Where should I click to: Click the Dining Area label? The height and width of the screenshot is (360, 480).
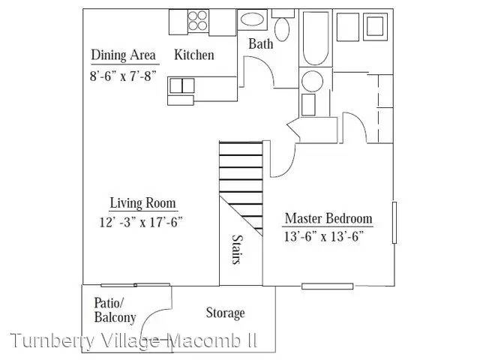coord(123,55)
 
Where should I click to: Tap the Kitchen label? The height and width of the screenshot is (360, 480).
coord(194,55)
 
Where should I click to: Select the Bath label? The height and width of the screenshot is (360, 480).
coord(260,43)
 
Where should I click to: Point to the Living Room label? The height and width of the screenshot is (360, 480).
coord(142,203)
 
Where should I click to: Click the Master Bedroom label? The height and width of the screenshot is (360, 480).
coord(328,218)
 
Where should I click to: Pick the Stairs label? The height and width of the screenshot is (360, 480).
coord(237,249)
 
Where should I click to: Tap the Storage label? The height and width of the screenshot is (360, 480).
coord(225,313)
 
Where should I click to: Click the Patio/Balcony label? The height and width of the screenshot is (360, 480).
coord(115,310)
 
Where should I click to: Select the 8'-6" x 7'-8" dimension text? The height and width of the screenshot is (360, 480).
coord(123,76)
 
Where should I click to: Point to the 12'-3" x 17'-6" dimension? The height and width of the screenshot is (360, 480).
coord(141,222)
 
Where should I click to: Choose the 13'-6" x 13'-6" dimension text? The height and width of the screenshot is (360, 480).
coord(324,236)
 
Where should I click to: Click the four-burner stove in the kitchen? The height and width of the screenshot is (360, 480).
coord(198,20)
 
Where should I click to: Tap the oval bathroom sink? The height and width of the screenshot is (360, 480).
coord(252,19)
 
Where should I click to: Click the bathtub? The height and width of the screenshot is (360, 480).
coord(316,38)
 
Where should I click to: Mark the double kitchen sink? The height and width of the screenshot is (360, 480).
coord(181,85)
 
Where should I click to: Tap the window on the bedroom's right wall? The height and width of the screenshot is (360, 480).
coord(394,223)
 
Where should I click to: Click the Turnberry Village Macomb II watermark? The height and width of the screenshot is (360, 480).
coord(133,340)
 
